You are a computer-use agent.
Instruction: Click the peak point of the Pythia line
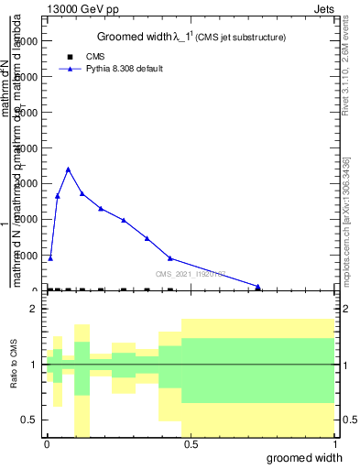[x=68, y=169]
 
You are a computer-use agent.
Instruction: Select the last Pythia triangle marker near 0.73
[x=258, y=287]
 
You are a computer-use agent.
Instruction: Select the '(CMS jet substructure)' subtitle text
[x=244, y=38]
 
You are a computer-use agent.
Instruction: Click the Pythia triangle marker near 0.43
[x=170, y=258]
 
